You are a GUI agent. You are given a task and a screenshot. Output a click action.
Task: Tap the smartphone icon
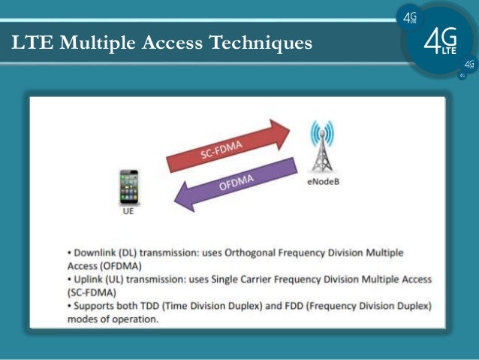coord(131,188)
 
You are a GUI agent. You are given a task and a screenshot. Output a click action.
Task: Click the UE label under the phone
coord(129,213)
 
